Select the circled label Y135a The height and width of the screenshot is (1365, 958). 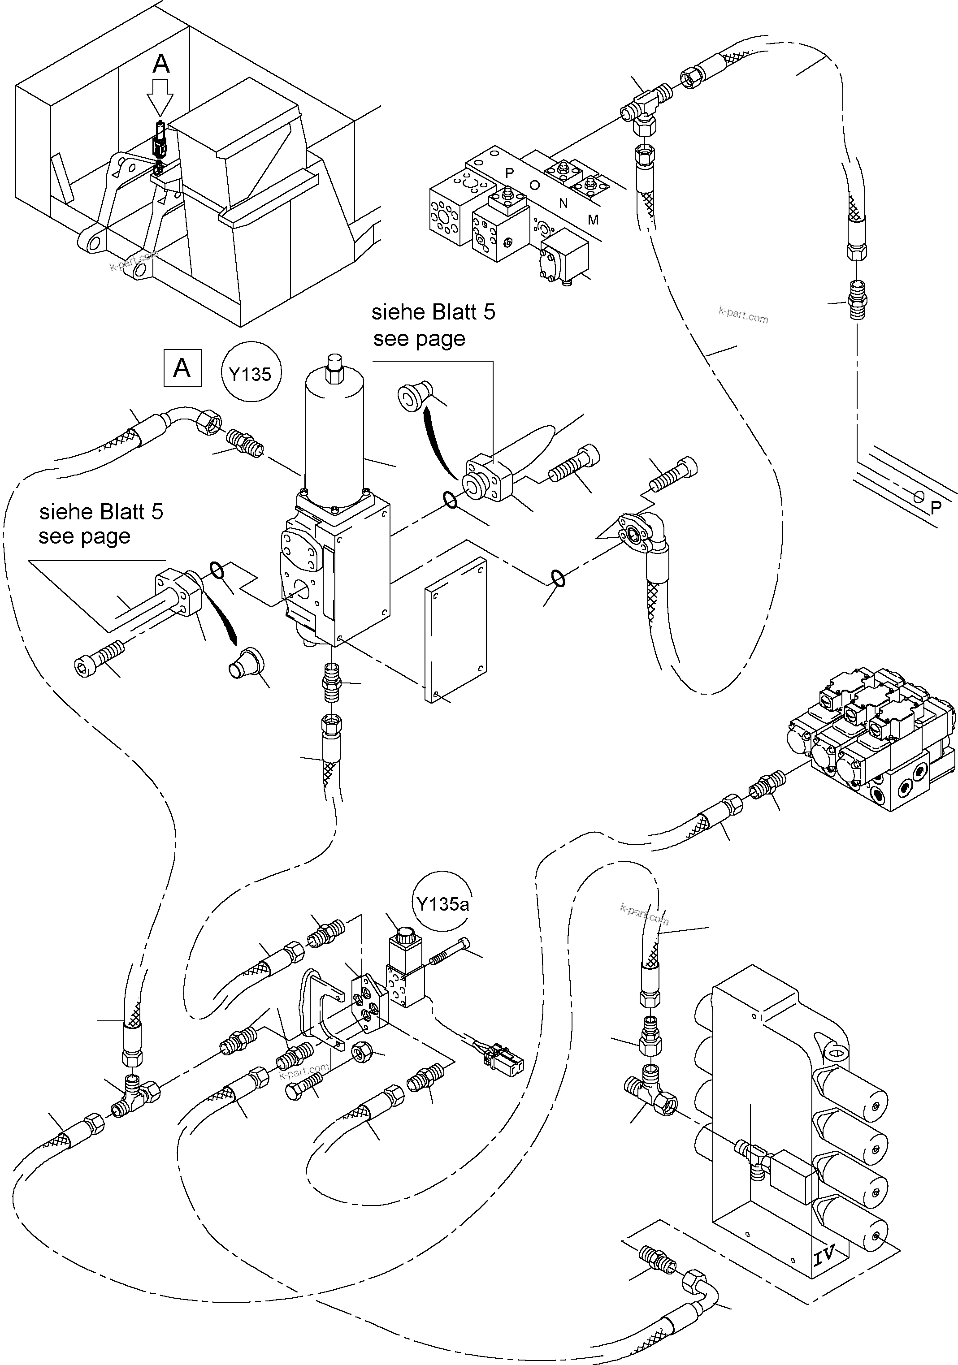tap(442, 904)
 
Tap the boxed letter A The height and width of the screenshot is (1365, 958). tap(182, 369)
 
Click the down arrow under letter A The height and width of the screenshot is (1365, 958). tap(160, 98)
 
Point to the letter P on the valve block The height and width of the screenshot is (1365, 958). tap(509, 173)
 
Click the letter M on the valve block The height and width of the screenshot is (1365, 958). tap(593, 220)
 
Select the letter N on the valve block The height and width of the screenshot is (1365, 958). tap(563, 203)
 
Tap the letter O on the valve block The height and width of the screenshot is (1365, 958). tap(535, 186)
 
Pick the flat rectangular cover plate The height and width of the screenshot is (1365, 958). tap(456, 630)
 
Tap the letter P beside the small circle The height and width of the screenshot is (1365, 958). tap(936, 507)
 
